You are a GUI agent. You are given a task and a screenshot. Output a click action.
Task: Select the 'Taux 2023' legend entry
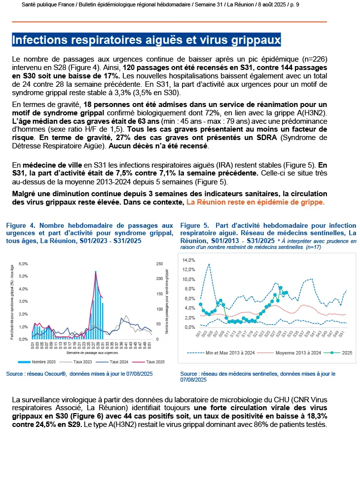[x=79, y=361]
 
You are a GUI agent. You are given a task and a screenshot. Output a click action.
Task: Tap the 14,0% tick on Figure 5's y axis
[x=189, y=260]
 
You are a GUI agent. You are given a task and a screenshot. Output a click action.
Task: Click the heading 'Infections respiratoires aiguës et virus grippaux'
[x=145, y=39]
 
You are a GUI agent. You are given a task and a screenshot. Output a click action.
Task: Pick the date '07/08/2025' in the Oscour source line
[x=135, y=374]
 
